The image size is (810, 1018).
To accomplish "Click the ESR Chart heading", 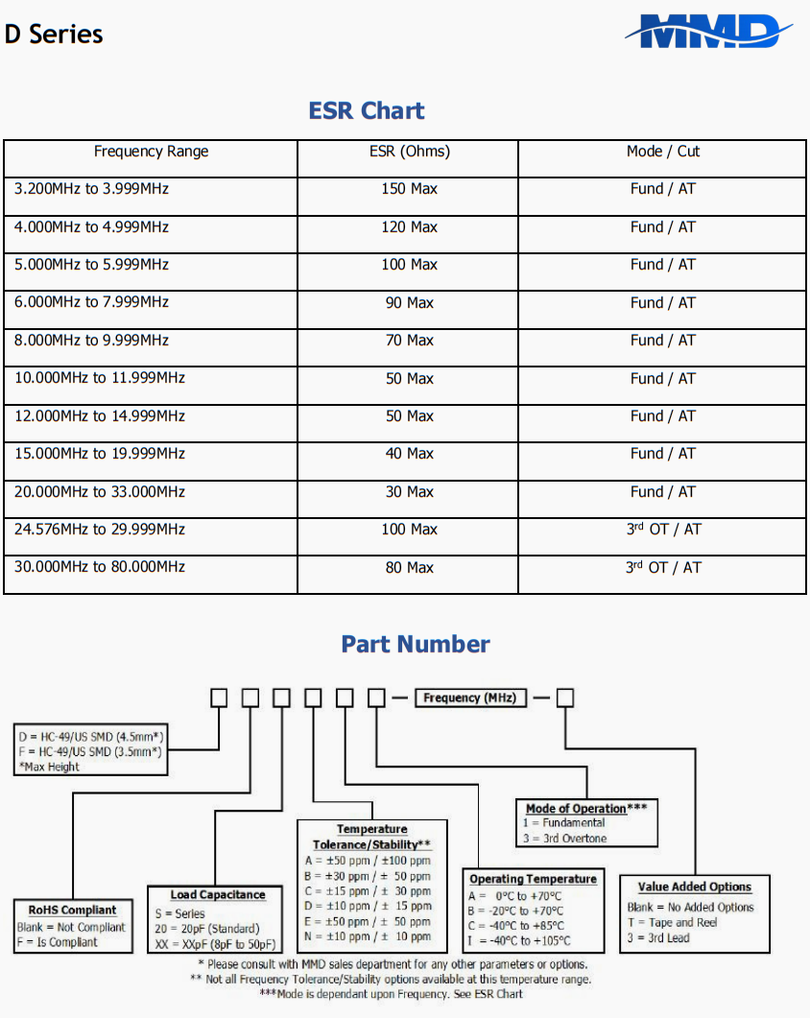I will pyautogui.click(x=367, y=110).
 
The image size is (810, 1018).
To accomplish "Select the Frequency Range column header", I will pyautogui.click(x=151, y=152).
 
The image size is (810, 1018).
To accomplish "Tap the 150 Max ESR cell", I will pyautogui.click(x=409, y=189).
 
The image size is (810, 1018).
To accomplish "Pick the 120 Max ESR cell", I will pyautogui.click(x=409, y=227).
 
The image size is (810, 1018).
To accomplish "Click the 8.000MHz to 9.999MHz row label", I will pyautogui.click(x=91, y=341).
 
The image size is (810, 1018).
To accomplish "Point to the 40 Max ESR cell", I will pyautogui.click(x=409, y=454).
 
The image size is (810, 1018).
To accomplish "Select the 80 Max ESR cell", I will pyautogui.click(x=409, y=568).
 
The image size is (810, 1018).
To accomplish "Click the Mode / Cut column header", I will pyautogui.click(x=662, y=152).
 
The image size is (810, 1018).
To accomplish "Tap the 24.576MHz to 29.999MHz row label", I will pyautogui.click(x=100, y=530).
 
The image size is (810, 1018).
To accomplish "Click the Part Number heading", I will pyautogui.click(x=416, y=644).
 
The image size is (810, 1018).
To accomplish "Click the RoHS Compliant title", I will pyautogui.click(x=72, y=910).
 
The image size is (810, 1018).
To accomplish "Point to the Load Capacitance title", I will pyautogui.click(x=218, y=894).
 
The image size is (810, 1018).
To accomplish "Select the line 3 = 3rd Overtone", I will pyautogui.click(x=564, y=839).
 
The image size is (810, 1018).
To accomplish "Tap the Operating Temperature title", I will pyautogui.click(x=533, y=879).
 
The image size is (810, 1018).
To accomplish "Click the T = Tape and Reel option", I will pyautogui.click(x=672, y=922).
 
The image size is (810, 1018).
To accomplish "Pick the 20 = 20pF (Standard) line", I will pyautogui.click(x=207, y=929).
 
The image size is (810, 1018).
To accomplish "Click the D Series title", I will pyautogui.click(x=54, y=35).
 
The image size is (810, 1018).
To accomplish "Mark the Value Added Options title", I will pyautogui.click(x=695, y=887).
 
